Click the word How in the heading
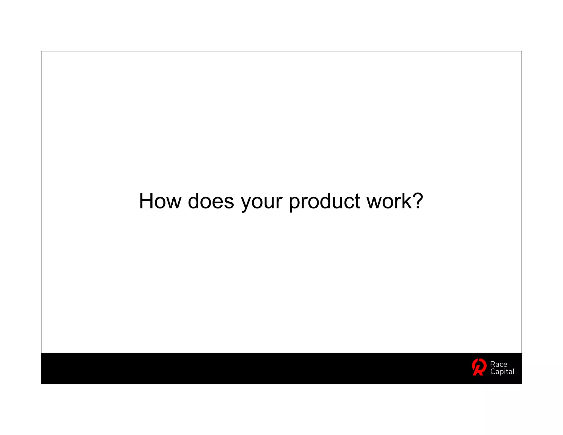[x=160, y=201]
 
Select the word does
[x=211, y=201]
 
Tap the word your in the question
[x=261, y=202]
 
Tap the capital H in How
[x=146, y=201]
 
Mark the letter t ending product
[x=357, y=202]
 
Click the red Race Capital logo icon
[x=479, y=367]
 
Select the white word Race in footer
[x=498, y=364]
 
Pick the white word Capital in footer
[x=502, y=372]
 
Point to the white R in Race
[x=493, y=364]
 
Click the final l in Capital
[x=513, y=371]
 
